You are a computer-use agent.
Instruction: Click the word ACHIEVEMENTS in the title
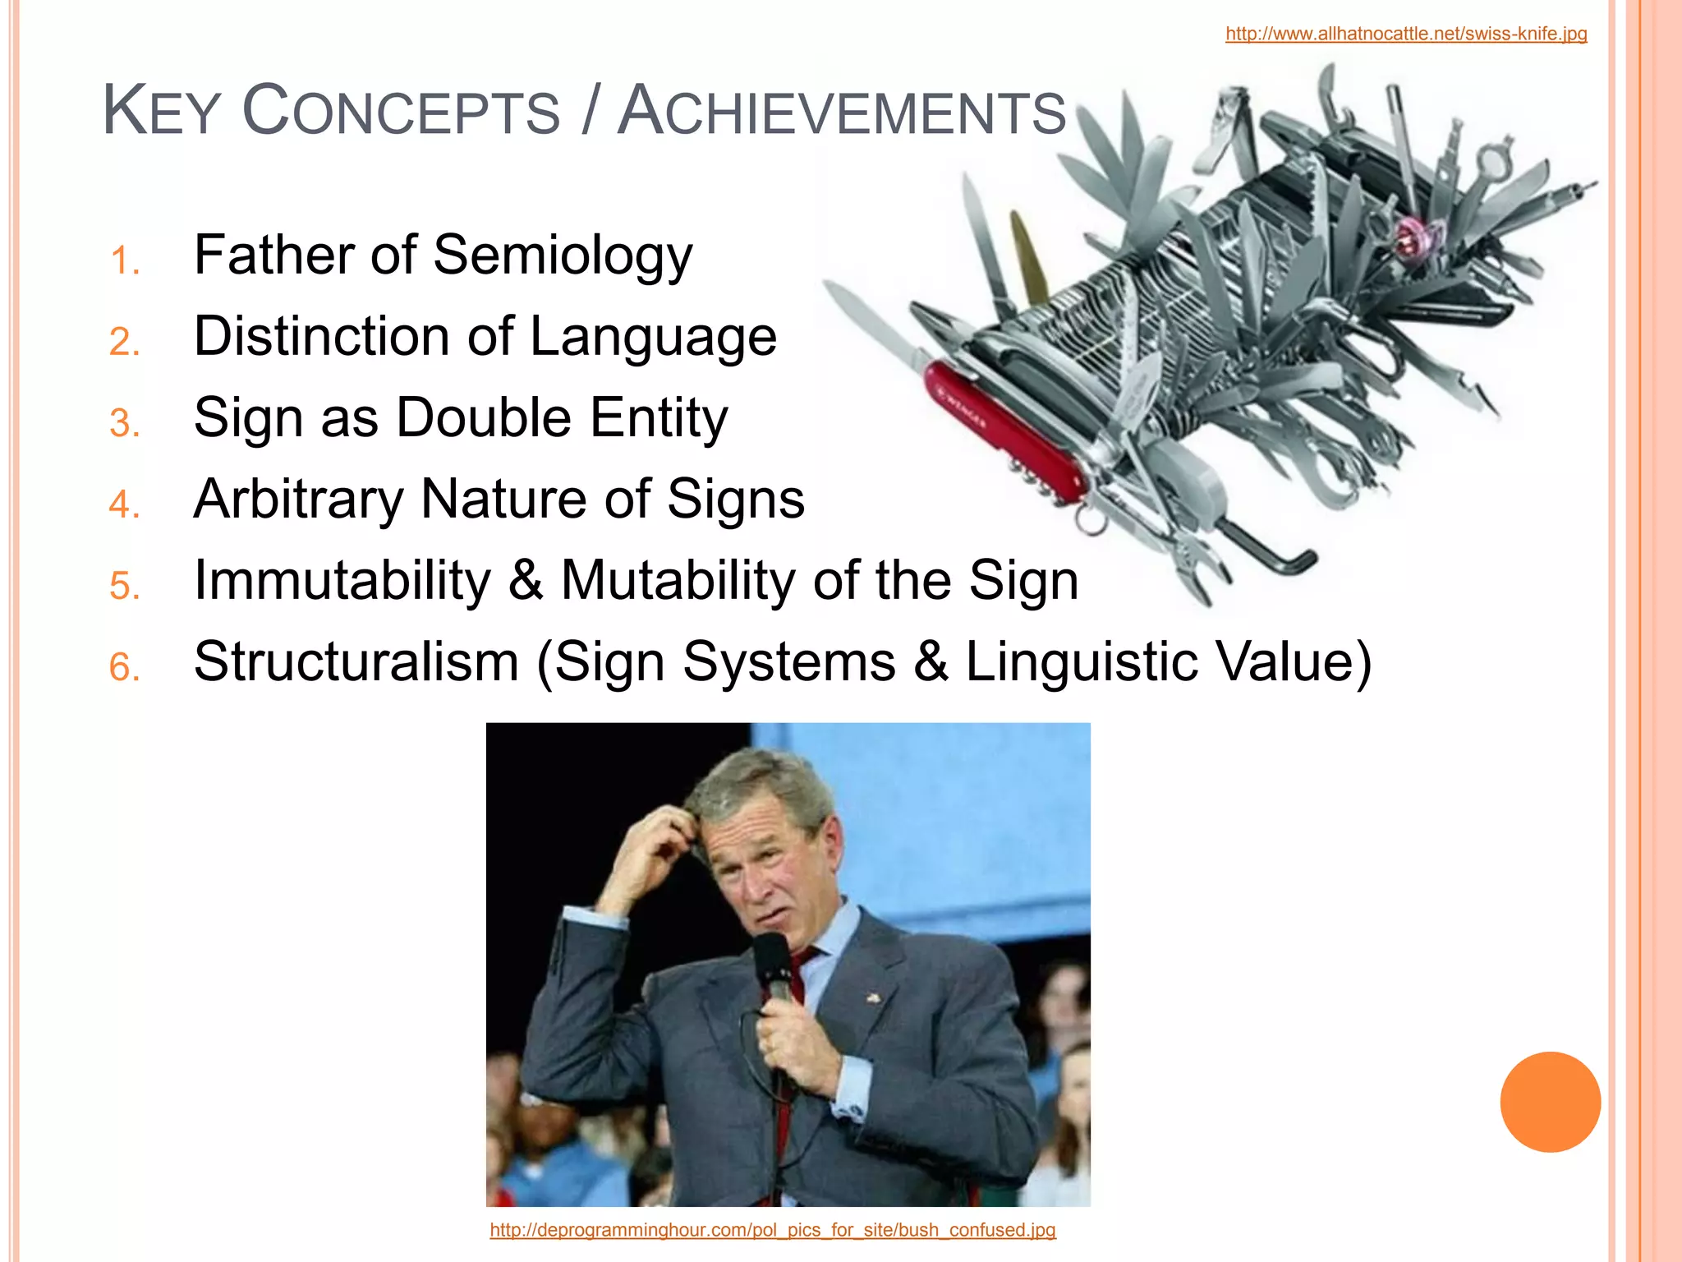pos(842,113)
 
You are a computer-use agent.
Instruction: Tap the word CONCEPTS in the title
pos(401,113)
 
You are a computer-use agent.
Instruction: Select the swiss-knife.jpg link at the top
pos(1406,34)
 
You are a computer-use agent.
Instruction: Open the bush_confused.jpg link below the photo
pos(772,1230)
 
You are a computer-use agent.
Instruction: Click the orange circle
pos(1550,1102)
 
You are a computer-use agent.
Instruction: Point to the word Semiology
pos(563,256)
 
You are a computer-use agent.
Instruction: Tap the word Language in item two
pos(653,337)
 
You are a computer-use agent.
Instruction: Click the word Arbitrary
pos(298,500)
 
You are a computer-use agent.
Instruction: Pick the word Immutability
pos(342,580)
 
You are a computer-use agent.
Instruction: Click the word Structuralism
pos(356,661)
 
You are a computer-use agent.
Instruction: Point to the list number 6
pos(124,667)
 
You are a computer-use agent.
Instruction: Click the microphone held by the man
pos(772,965)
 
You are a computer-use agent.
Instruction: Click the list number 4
pos(124,504)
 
